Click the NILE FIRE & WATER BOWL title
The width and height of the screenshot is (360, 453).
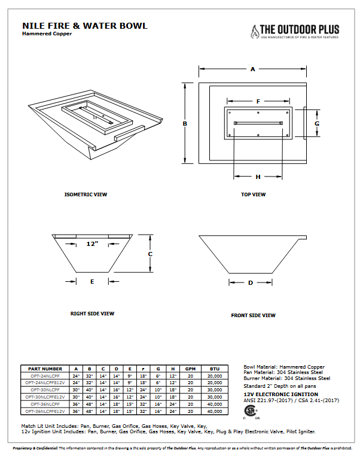click(84, 26)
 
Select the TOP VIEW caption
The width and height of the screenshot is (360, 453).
click(253, 194)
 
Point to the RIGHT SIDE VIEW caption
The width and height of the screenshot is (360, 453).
click(92, 314)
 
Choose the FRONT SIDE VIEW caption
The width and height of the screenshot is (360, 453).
click(253, 315)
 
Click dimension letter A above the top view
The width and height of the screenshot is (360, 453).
click(253, 69)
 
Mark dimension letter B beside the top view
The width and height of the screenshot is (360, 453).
click(185, 124)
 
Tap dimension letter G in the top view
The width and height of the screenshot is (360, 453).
click(317, 123)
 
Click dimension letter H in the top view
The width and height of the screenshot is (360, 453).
click(258, 177)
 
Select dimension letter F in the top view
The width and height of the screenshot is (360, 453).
click(258, 102)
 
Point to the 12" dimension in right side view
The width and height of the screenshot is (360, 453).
click(91, 244)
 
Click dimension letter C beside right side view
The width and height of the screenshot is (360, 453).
click(151, 254)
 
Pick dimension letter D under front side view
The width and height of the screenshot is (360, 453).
click(251, 282)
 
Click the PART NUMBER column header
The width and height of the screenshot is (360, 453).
click(45, 369)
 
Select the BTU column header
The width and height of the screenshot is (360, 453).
click(215, 369)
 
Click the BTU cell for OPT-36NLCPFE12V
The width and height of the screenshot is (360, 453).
click(215, 412)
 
